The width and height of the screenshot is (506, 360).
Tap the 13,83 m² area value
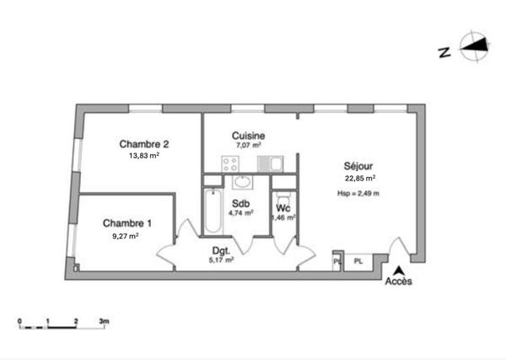click(144, 156)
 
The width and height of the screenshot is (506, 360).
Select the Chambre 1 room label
click(127, 223)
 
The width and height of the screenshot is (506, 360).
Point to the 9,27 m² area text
click(125, 236)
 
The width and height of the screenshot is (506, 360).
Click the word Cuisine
click(249, 136)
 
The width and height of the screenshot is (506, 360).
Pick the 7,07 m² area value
click(249, 146)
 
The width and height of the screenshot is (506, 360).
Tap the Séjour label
click(358, 166)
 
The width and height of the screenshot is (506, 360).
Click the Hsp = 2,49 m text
click(358, 194)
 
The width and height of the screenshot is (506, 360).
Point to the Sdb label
click(241, 203)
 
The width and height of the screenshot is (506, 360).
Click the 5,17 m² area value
click(222, 261)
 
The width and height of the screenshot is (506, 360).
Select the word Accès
click(398, 282)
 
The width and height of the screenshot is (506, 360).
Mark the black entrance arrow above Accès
click(398, 270)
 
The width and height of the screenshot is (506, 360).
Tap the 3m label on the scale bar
click(103, 322)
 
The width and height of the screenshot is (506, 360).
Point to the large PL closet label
click(358, 261)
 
